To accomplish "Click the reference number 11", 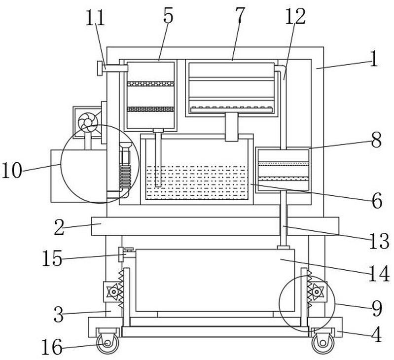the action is (x=95, y=18).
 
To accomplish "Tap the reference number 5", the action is (x=168, y=15).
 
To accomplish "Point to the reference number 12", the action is (x=295, y=16).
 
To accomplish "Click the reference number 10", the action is (x=12, y=170).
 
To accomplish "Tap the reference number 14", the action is (x=379, y=274).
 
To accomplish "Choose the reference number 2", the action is (x=60, y=227).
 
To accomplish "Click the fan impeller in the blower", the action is (x=87, y=122).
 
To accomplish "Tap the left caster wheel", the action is (x=107, y=343).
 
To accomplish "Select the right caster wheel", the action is (x=323, y=343).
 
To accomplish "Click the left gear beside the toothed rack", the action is (x=114, y=291).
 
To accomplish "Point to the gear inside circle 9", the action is (x=317, y=291).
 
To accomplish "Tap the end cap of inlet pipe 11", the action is (x=100, y=68).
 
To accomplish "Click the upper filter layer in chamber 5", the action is (x=150, y=84).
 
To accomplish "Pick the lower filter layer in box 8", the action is (x=284, y=179).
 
